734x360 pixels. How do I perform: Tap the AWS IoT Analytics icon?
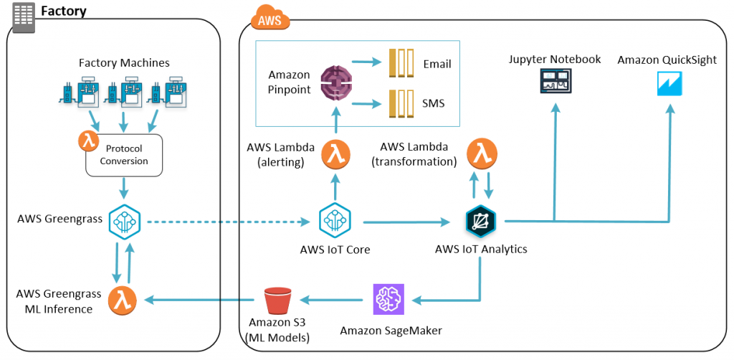point(480,222)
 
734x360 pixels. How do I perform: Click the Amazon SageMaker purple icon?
point(389,299)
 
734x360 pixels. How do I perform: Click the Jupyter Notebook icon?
point(555,81)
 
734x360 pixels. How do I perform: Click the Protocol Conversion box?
point(124,155)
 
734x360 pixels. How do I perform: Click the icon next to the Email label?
point(401,64)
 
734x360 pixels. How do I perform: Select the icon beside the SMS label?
point(401,103)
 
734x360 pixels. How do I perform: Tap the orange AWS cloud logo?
point(270,17)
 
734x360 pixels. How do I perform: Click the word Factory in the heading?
point(64,11)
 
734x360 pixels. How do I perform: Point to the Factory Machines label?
point(124,63)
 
